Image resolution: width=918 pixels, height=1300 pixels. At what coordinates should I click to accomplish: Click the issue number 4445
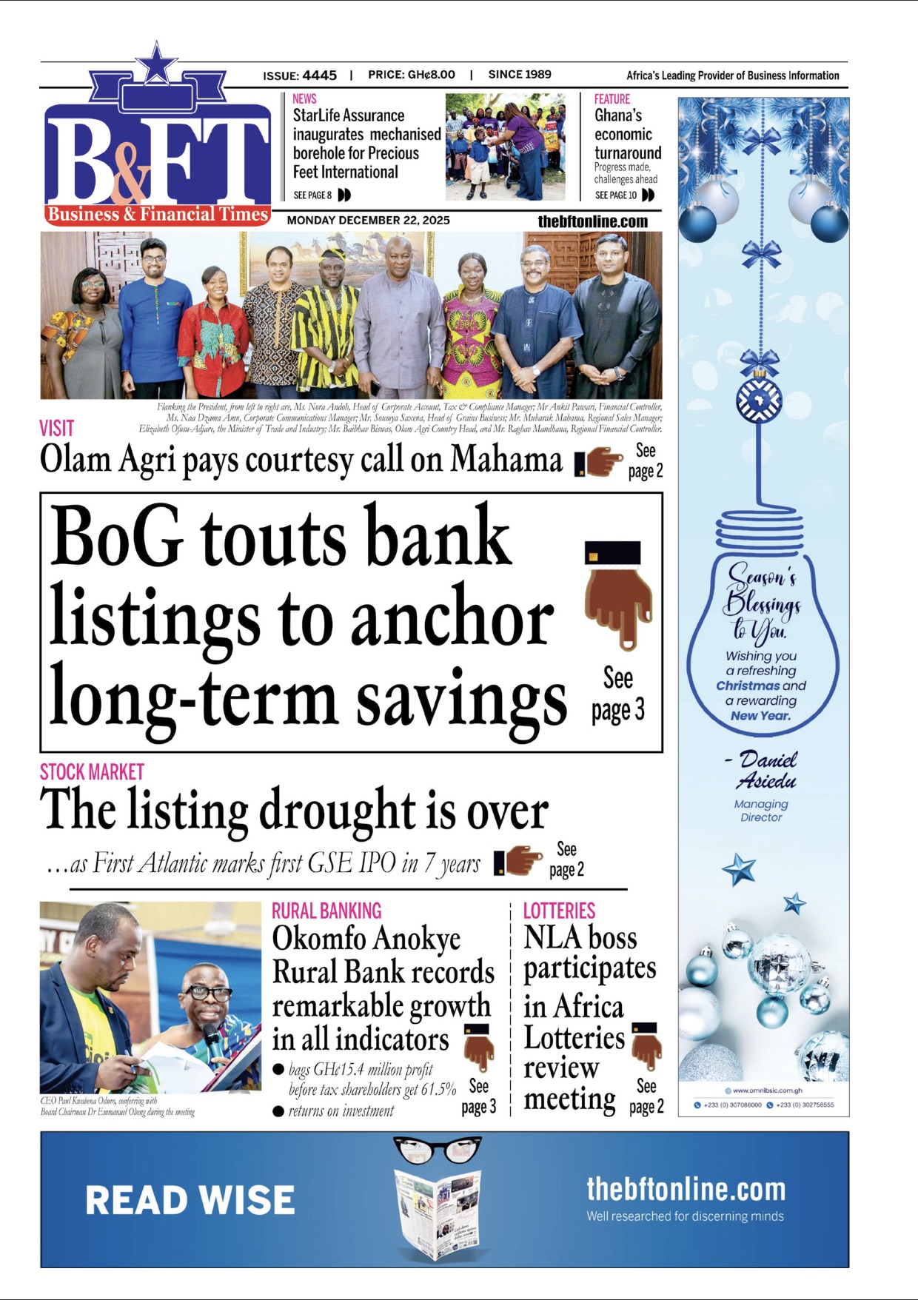pyautogui.click(x=319, y=76)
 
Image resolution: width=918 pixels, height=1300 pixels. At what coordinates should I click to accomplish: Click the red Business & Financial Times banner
pyautogui.click(x=158, y=215)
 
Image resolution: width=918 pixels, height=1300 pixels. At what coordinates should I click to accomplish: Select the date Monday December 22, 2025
pyautogui.click(x=368, y=221)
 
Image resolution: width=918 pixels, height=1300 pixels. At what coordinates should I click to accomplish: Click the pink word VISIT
pyautogui.click(x=56, y=428)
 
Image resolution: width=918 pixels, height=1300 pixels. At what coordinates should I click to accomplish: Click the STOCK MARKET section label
pyautogui.click(x=92, y=772)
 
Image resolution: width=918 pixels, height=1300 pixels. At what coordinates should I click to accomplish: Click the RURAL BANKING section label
pyautogui.click(x=326, y=911)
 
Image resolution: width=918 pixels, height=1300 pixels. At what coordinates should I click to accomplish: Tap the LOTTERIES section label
pyautogui.click(x=559, y=911)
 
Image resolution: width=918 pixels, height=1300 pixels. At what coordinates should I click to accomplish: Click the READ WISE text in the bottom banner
pyautogui.click(x=190, y=1200)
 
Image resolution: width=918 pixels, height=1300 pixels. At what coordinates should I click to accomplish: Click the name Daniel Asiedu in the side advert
pyautogui.click(x=765, y=770)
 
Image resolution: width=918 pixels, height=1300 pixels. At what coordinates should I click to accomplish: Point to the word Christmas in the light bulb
pyautogui.click(x=743, y=686)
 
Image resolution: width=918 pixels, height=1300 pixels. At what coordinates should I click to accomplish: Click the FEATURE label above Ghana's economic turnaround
pyautogui.click(x=612, y=99)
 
